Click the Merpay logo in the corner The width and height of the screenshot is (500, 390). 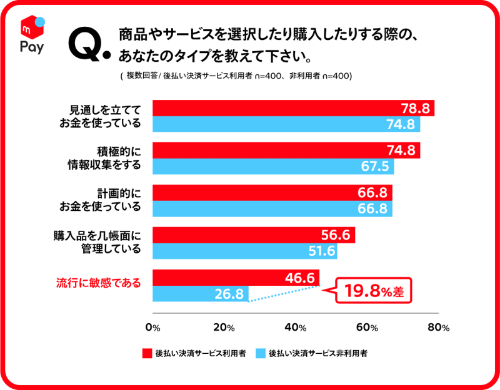(x=32, y=36)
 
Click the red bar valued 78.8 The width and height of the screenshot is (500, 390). (x=292, y=108)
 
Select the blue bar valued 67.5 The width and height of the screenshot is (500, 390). (x=272, y=167)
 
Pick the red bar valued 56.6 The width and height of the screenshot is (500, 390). (x=253, y=235)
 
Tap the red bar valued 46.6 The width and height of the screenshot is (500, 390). (x=235, y=278)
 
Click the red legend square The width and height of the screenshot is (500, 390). (x=147, y=353)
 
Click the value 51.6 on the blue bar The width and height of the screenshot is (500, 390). (x=320, y=251)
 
